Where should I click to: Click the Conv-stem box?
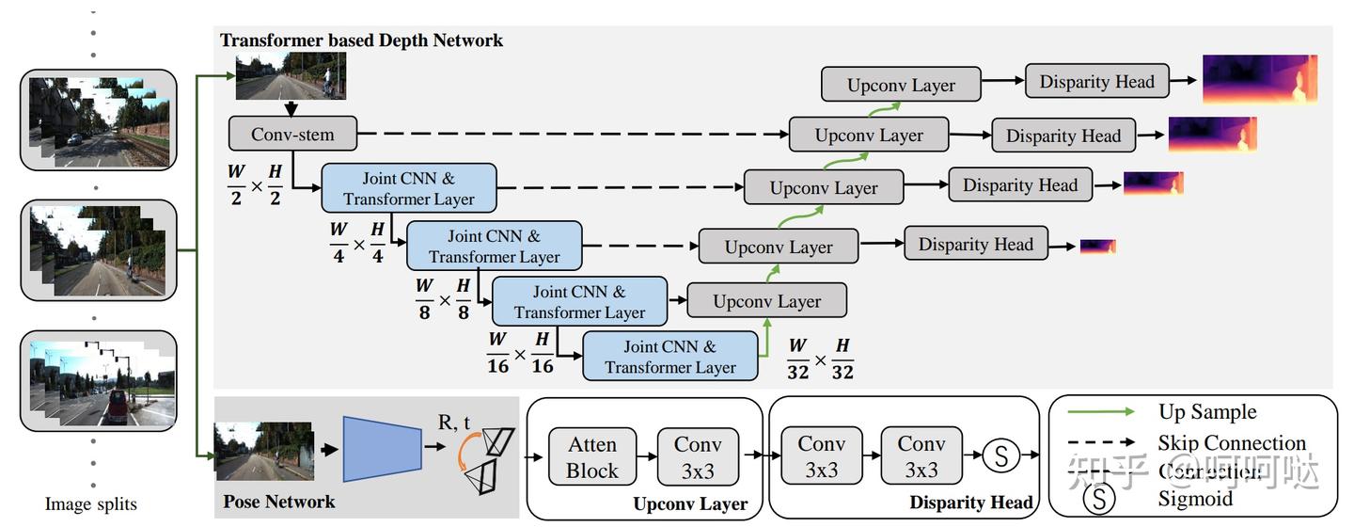pos(292,134)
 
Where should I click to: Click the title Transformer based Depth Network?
pos(361,40)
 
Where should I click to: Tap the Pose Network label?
pos(278,502)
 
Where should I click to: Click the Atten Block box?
pos(591,456)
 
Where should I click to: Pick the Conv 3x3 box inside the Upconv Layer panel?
pos(697,456)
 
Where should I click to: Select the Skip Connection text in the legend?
pos(1232,442)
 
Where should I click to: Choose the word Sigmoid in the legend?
pos(1194,499)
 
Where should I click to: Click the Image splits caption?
pos(91,504)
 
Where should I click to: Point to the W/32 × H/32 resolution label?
pos(820,359)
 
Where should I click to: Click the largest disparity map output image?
pos(1259,78)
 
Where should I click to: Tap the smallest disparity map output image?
pos(1097,247)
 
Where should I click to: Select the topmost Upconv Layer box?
pos(901,85)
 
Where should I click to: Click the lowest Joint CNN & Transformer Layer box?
pos(669,357)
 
